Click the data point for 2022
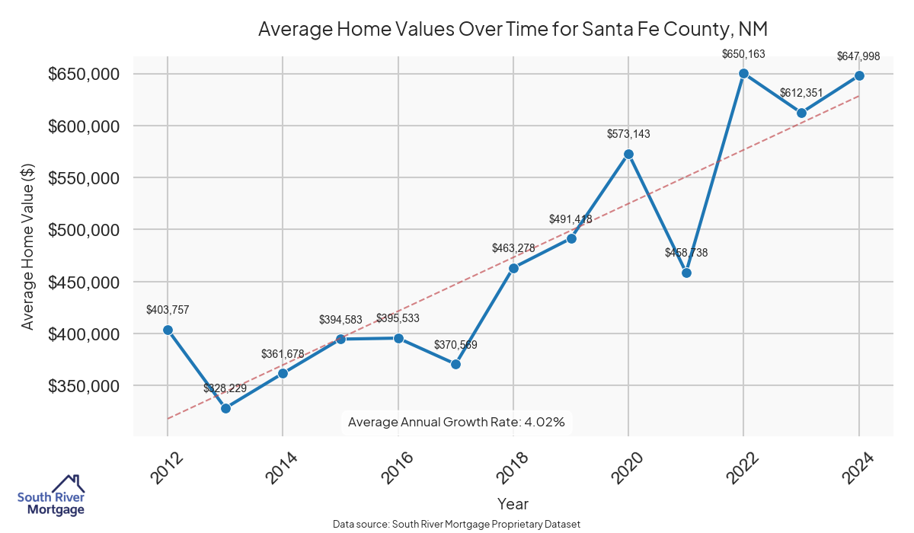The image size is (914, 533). [x=743, y=74]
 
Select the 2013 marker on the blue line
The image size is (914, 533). [x=225, y=408]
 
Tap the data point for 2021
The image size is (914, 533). [x=686, y=273]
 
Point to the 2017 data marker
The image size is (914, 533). [x=455, y=364]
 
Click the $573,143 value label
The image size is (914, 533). [x=628, y=134]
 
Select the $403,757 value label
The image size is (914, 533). [x=168, y=310]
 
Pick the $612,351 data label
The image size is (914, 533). [x=801, y=93]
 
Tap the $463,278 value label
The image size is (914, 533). [x=513, y=248]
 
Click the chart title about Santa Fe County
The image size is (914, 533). [x=513, y=30]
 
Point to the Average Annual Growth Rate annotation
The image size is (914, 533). [x=456, y=422]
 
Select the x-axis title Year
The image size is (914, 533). [x=513, y=503]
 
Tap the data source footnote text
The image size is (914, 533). [x=456, y=524]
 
